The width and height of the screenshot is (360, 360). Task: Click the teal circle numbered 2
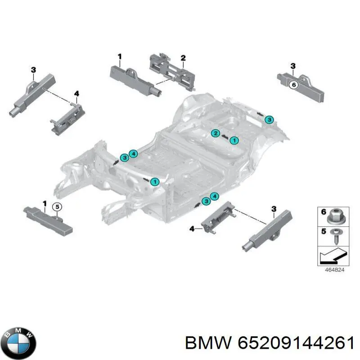216,133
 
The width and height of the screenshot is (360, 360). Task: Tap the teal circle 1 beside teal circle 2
234,140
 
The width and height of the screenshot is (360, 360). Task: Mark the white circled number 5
57,207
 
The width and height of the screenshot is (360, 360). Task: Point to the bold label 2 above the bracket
183,58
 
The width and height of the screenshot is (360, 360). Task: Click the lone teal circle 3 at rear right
269,119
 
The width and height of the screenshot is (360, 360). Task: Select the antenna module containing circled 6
301,87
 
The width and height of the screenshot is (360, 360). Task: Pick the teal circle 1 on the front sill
154,182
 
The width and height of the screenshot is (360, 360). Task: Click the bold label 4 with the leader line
192,229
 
